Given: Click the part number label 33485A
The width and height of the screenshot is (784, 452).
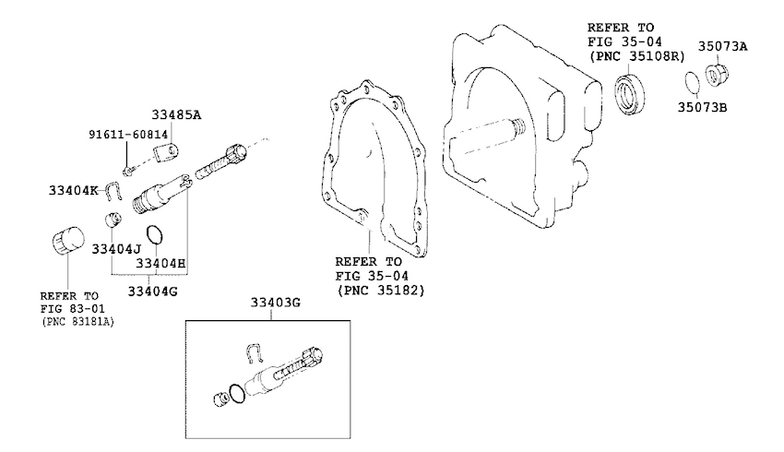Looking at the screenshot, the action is click(x=176, y=115).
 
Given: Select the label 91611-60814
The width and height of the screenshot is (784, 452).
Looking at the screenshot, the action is click(x=128, y=135).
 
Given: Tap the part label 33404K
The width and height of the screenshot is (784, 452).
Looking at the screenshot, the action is click(x=74, y=191).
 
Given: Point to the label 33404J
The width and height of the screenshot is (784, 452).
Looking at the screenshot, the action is click(x=116, y=249).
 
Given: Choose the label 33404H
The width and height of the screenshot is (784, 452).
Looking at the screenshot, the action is click(x=160, y=263).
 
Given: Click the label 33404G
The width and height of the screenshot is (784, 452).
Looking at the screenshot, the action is click(x=152, y=291).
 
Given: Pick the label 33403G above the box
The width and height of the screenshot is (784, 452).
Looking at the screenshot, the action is click(x=276, y=303).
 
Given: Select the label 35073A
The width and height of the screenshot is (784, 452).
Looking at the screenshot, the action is click(x=723, y=46).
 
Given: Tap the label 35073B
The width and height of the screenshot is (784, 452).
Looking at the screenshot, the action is click(x=703, y=107).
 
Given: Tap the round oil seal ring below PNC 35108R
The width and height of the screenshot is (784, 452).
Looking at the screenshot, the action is click(x=629, y=94).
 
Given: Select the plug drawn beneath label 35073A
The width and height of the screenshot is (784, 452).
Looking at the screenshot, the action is click(x=717, y=75).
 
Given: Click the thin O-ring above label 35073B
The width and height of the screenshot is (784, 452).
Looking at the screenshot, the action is click(x=692, y=82).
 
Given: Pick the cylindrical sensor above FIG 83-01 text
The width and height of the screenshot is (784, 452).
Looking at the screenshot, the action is click(x=68, y=241).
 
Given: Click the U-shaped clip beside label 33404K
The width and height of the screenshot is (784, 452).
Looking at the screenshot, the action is click(x=113, y=191).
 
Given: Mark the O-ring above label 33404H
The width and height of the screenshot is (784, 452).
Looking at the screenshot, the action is click(x=154, y=234).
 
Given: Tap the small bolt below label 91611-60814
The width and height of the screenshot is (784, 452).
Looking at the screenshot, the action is click(x=128, y=171).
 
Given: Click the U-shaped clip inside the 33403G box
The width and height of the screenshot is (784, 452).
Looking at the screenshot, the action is click(x=255, y=352).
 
